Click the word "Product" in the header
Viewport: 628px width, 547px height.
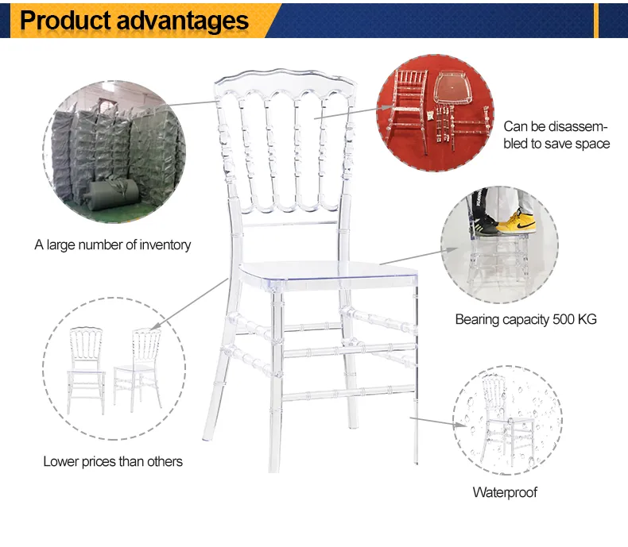point(67,21)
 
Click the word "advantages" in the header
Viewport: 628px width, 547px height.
point(184,21)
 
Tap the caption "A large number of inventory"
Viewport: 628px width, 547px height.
point(112,245)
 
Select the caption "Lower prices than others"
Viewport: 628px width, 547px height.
point(113,461)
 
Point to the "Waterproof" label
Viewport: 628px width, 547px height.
point(505,492)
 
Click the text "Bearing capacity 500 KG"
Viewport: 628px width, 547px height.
point(525,320)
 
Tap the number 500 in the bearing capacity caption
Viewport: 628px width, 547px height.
point(560,320)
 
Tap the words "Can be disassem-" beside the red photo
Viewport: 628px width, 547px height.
point(555,127)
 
